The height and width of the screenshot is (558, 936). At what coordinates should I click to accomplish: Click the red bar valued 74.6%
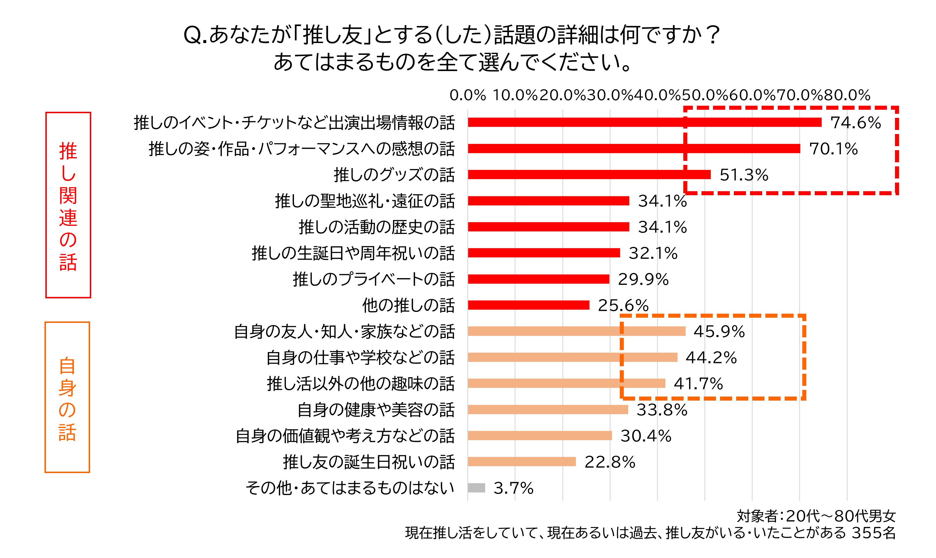point(644,122)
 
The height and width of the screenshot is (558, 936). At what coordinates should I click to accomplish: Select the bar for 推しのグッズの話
point(589,174)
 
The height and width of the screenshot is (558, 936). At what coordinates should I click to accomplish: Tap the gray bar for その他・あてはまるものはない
point(476,488)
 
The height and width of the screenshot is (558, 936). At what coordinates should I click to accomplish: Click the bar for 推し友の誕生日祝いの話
point(522,462)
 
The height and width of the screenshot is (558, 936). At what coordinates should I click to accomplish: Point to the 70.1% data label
point(833,148)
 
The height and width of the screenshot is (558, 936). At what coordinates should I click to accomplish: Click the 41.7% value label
point(698,384)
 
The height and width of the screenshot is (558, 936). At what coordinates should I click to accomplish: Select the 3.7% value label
point(513,488)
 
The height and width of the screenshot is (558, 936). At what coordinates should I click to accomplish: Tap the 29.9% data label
point(643,279)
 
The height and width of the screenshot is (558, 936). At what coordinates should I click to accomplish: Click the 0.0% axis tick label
point(468,95)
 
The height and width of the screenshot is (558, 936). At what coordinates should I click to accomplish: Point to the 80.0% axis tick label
point(847,95)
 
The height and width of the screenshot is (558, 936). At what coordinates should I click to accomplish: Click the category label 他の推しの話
point(408,305)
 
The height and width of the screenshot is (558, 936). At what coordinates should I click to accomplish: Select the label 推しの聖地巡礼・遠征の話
point(365,201)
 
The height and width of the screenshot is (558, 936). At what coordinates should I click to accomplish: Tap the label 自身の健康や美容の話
point(376,410)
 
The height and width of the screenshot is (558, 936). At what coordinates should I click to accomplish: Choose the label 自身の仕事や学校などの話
point(360,357)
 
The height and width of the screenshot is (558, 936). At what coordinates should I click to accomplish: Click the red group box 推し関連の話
point(68,205)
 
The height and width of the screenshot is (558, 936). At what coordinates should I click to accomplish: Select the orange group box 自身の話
point(67,397)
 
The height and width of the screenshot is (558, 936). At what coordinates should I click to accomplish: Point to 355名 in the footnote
point(874,533)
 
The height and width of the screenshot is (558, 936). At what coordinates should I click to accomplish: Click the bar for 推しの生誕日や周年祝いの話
point(544,253)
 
